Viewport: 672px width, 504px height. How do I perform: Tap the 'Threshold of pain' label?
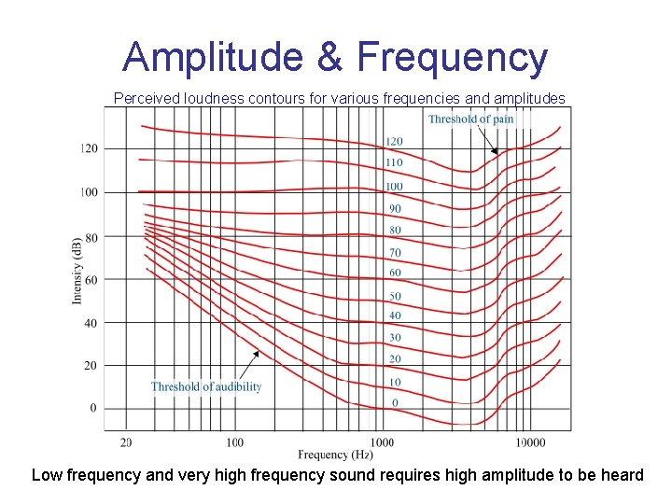click(x=470, y=119)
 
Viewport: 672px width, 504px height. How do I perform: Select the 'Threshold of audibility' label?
click(x=206, y=386)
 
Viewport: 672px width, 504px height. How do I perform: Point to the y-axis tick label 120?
click(x=89, y=148)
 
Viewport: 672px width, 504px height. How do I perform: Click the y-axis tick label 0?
click(x=92, y=409)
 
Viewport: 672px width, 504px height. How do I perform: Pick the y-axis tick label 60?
click(x=91, y=279)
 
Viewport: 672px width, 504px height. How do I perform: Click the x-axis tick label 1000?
click(x=382, y=441)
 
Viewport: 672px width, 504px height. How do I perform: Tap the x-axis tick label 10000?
click(x=530, y=441)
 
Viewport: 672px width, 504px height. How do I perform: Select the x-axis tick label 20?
click(x=126, y=441)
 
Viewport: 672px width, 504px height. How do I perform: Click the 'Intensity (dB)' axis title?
click(x=76, y=270)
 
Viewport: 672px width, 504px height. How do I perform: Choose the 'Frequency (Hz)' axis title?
click(x=336, y=455)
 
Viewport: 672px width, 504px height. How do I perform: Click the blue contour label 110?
click(x=395, y=162)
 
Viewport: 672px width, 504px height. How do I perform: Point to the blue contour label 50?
click(x=395, y=296)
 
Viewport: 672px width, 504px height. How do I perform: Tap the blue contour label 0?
click(x=395, y=402)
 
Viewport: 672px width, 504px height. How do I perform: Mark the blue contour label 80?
click(x=395, y=230)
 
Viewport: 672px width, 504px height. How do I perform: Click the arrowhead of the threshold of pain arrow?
click(x=496, y=153)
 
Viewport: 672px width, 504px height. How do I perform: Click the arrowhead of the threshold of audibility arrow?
click(x=258, y=353)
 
